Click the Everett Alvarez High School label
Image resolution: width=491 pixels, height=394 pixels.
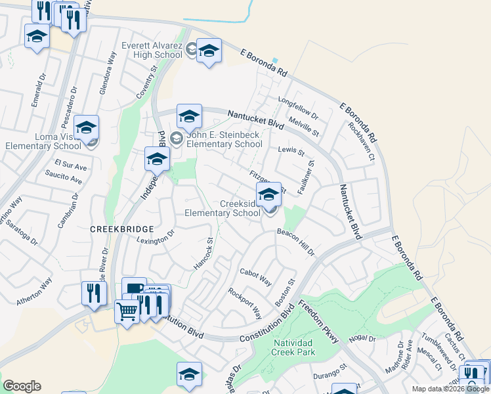pos(152,51)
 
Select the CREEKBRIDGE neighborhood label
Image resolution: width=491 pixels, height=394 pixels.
pos(121,229)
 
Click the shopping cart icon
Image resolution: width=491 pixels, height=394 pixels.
pos(127,311)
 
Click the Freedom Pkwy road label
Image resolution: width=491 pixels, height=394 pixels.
pos(318,321)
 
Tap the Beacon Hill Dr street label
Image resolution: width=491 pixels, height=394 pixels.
pos(295,242)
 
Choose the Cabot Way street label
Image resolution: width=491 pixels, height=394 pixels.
pos(255,277)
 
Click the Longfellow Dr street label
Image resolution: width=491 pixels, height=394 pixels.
pos(298,109)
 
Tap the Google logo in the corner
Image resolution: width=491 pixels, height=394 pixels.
pos(22,386)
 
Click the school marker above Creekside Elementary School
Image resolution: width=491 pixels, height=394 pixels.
pos(268,194)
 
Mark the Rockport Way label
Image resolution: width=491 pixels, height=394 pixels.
pos(244,301)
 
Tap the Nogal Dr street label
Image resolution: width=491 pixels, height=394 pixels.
pos(362,338)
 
